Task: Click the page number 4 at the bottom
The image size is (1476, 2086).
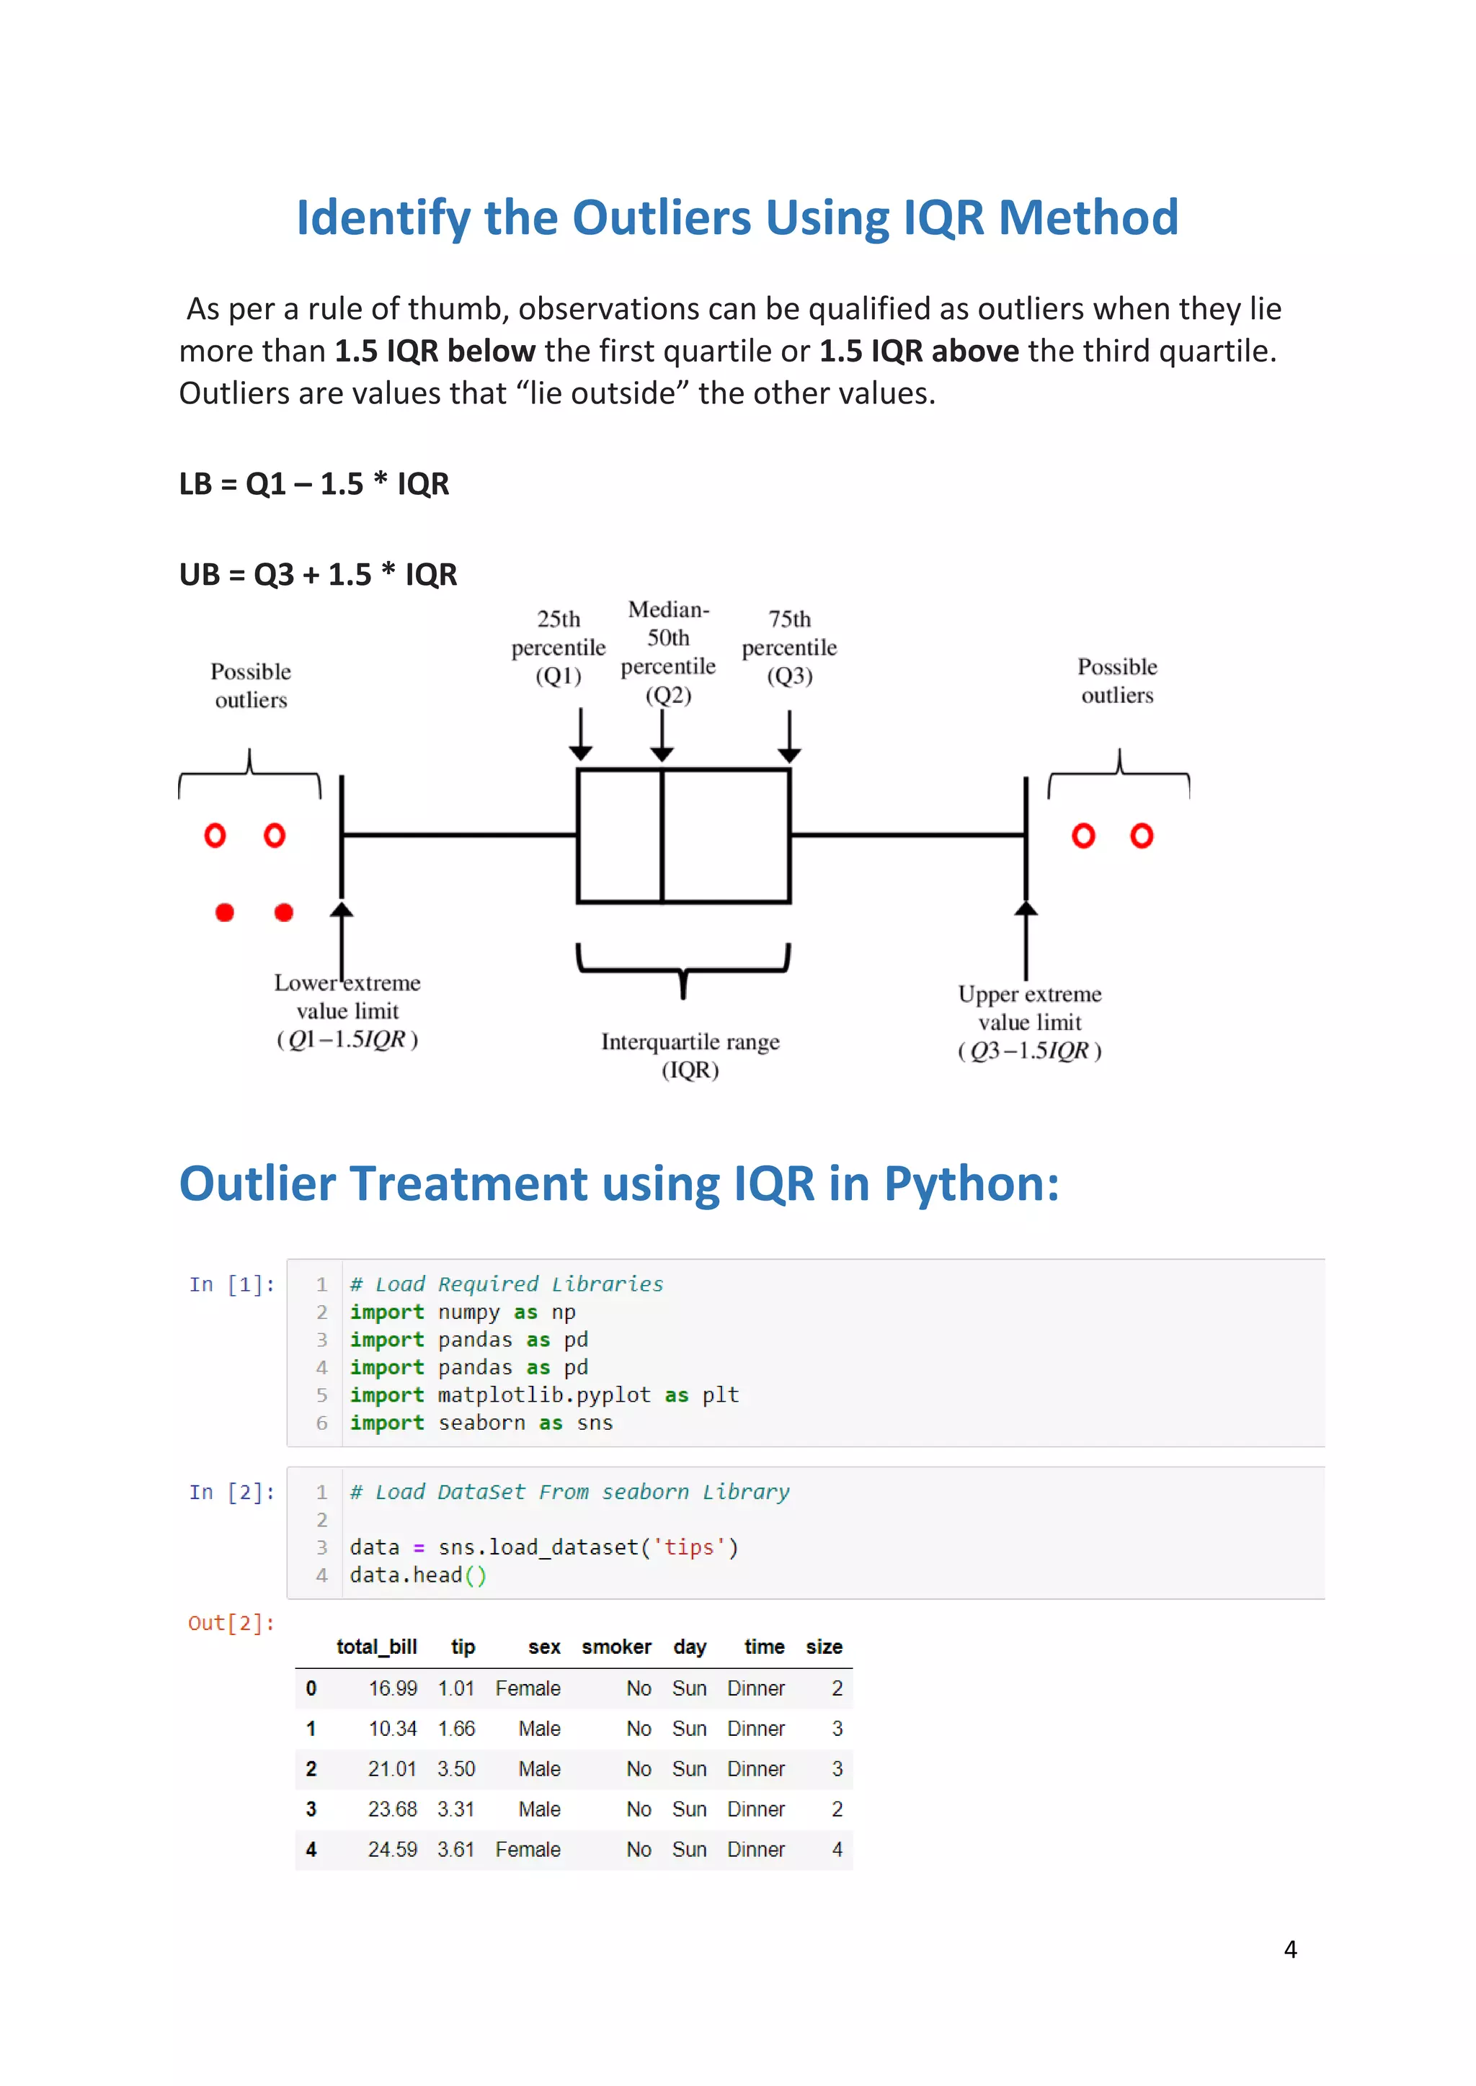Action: tap(1289, 1949)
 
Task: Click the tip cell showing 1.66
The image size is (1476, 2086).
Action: tap(456, 1728)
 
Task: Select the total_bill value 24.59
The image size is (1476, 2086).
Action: tap(392, 1849)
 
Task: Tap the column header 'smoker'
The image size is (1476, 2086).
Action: tap(616, 1647)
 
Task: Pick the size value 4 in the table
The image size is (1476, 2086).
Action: tap(836, 1849)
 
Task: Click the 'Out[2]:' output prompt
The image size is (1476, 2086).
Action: tap(231, 1623)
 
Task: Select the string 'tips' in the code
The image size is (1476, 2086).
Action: tap(689, 1546)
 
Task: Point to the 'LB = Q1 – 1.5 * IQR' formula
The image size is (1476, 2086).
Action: tap(314, 483)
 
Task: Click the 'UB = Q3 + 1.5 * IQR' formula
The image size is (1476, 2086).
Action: tap(317, 574)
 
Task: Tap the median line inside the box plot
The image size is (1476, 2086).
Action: tap(662, 836)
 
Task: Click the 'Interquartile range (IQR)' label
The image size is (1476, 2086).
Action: tap(690, 1055)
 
